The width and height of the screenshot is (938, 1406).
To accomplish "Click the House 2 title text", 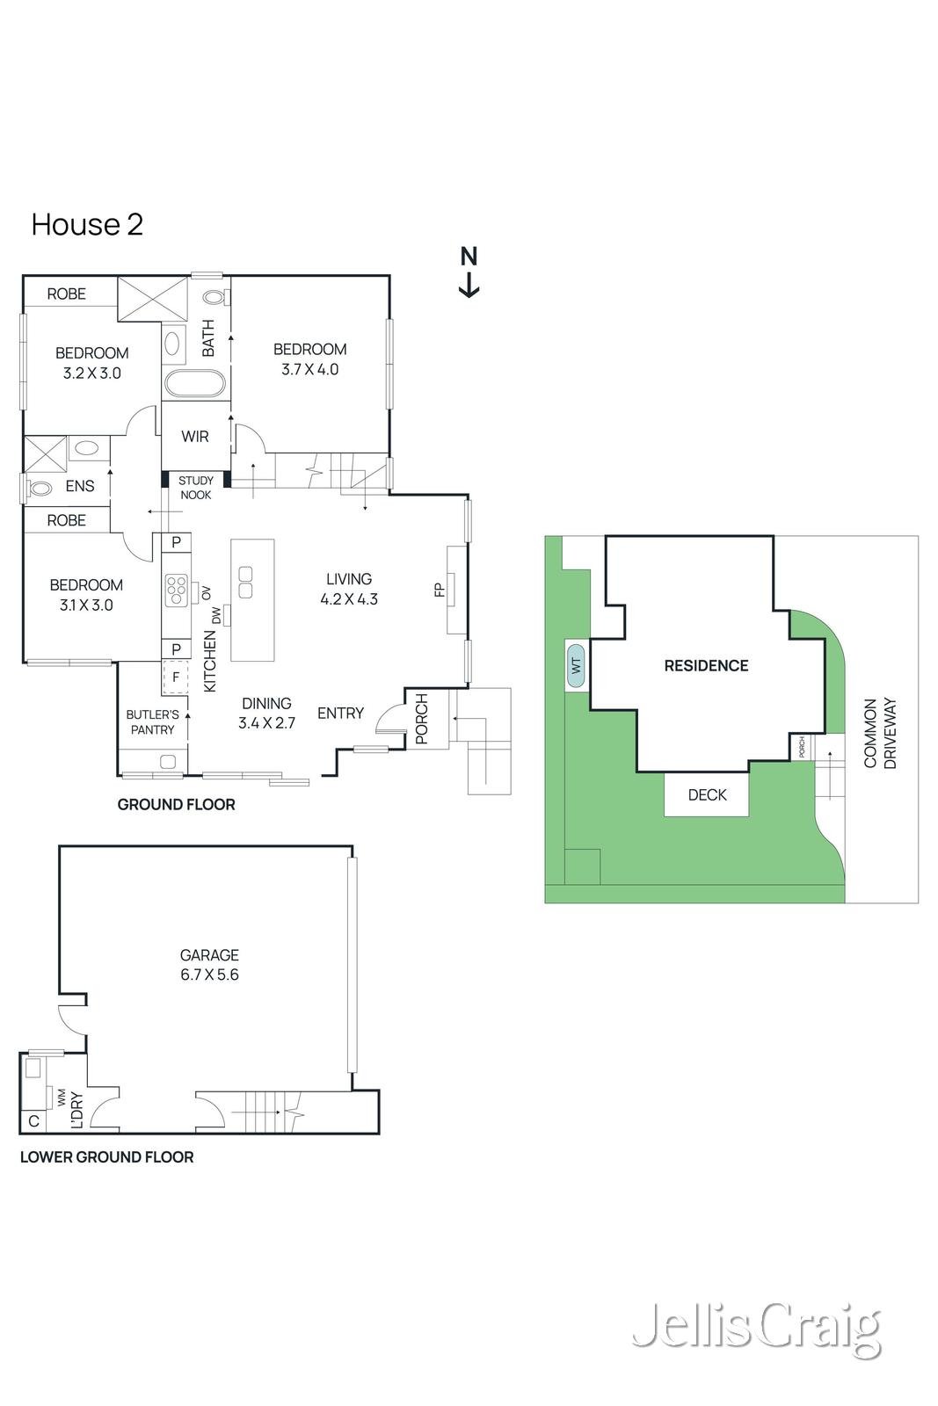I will click(87, 224).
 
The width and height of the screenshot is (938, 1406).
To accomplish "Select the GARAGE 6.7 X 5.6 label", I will click(209, 964).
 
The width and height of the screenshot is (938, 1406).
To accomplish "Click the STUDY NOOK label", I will click(195, 488).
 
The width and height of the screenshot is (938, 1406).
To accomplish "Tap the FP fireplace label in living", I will click(440, 590).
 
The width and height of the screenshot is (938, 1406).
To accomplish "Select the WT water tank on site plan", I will click(577, 665).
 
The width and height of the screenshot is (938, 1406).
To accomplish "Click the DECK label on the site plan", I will click(707, 794).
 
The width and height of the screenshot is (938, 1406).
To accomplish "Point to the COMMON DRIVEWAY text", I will click(880, 734).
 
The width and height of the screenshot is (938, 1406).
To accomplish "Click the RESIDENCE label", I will click(706, 665).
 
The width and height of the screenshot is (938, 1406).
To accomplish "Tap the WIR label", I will click(195, 436).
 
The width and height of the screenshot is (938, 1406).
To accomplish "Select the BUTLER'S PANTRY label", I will click(152, 722).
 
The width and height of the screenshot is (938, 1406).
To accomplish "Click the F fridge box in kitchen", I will click(176, 678).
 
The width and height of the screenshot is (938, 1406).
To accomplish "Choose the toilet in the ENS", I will click(40, 486).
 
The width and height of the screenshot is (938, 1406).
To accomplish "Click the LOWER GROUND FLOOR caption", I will click(106, 1157).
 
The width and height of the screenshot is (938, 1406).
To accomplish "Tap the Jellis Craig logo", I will click(756, 1328).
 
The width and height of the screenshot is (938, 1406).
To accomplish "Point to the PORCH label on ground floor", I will click(421, 719).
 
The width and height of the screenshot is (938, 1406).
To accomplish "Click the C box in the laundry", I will click(33, 1121).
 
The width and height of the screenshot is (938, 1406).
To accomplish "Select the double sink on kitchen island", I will click(246, 581).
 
